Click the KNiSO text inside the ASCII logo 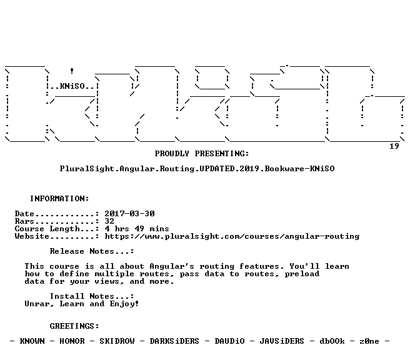[72, 86]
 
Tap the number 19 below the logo [394, 146]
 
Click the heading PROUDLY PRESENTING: [202, 154]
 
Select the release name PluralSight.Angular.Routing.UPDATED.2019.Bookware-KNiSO [197, 169]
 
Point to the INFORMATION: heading [59, 198]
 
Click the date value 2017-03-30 [130, 214]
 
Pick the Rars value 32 [109, 221]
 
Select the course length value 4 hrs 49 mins [137, 229]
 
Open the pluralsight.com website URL [232, 236]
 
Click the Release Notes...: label [92, 251]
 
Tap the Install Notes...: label [92, 296]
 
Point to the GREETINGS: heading [74, 326]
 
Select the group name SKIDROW [117, 341]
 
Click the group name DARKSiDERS [174, 341]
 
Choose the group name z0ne [369, 341]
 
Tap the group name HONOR [72, 341]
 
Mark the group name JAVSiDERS [282, 341]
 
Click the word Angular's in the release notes [172, 266]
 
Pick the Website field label [32, 236]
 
